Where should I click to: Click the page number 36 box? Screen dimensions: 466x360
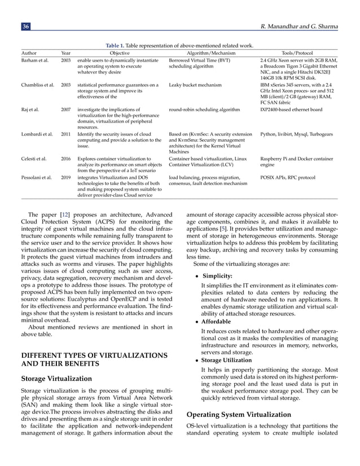coord(26,26)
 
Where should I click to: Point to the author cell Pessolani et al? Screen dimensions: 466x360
coord(37,177)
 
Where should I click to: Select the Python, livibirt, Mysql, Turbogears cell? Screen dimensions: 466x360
coord(296,134)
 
